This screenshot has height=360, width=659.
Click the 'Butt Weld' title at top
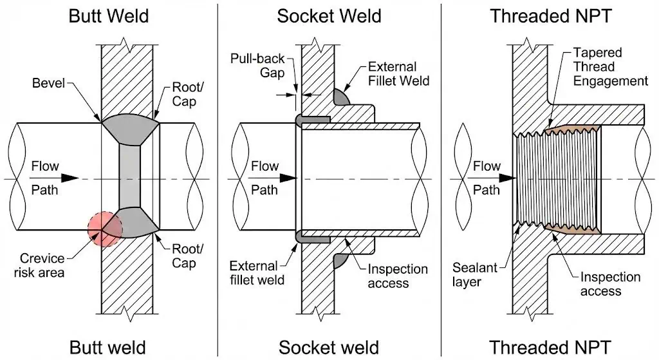click(109, 15)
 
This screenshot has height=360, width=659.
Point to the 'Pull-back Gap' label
click(257, 66)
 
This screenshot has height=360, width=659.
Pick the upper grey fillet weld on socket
click(341, 97)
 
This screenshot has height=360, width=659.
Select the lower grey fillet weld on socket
click(341, 260)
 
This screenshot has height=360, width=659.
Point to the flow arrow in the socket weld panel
click(283, 178)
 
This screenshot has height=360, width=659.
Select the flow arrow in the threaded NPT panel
click(505, 178)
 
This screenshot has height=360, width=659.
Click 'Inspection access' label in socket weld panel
click(397, 276)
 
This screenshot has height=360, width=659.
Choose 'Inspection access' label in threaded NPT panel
click(611, 284)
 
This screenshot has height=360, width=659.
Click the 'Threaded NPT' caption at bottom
click(550, 346)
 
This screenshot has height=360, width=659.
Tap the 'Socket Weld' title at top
click(329, 15)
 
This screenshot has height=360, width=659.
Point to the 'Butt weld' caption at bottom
click(109, 346)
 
